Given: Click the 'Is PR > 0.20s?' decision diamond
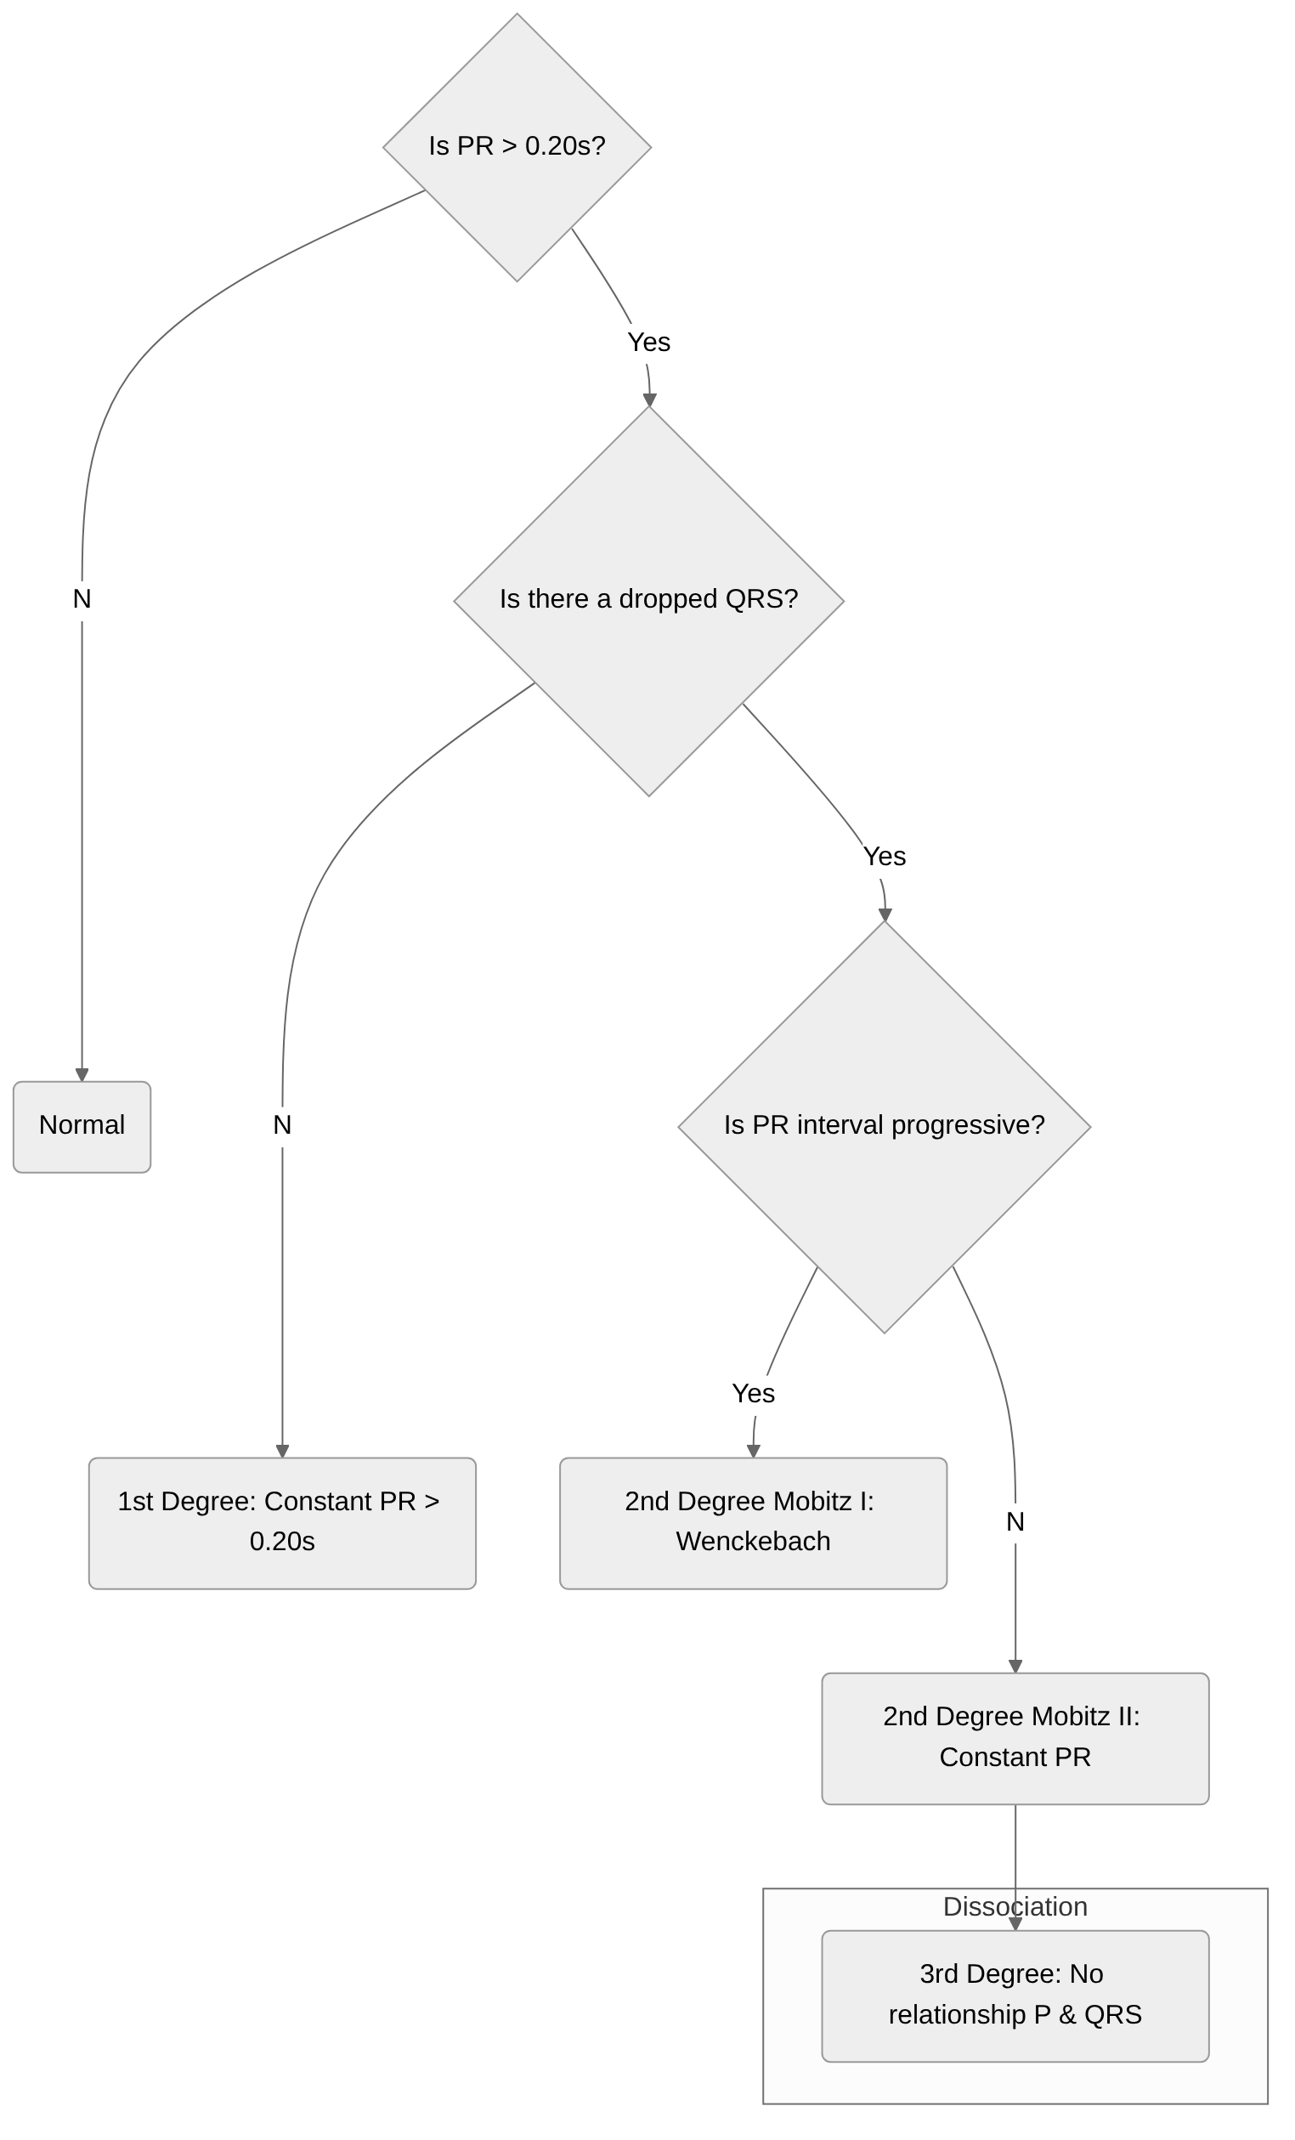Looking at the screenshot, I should pos(517,147).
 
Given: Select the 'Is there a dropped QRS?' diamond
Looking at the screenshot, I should pos(648,600).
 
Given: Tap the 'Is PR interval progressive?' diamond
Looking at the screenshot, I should pos(884,1126).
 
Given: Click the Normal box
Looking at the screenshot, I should pos(82,1126).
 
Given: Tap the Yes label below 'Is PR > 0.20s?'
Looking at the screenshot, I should pos(648,343).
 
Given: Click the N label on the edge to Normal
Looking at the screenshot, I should pos(82,598).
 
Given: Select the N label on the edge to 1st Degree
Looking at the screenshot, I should pos(281,1124).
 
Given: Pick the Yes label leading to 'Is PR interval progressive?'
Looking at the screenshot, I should pos(884,857).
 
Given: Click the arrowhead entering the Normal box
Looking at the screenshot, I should pos(82,1074).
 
